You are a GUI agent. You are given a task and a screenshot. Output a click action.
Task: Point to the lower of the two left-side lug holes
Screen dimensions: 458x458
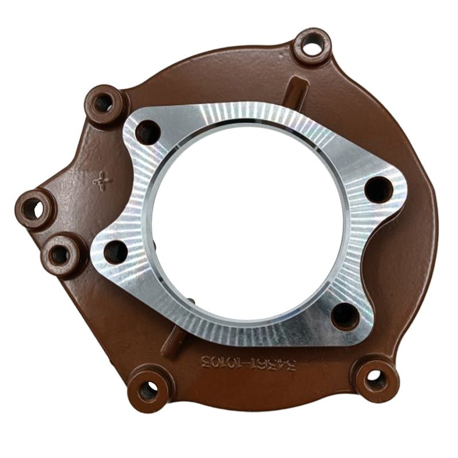59,255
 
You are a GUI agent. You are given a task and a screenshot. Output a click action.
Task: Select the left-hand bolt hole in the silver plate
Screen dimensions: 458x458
116,252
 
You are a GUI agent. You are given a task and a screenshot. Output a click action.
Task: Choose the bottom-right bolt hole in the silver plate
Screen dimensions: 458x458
345,315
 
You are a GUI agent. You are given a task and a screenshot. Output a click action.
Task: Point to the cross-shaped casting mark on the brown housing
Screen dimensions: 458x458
102,181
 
